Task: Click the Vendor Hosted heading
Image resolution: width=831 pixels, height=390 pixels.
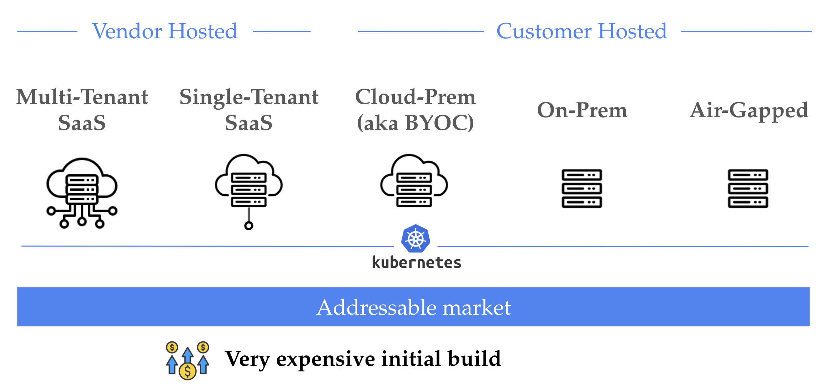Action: [165, 31]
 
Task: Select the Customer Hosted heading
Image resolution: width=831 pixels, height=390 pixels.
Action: [581, 31]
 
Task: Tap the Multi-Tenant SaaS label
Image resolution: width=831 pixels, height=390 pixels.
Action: [82, 110]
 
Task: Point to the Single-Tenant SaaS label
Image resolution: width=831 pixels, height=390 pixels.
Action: [249, 110]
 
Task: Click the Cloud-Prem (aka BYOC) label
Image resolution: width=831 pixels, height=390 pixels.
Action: [415, 110]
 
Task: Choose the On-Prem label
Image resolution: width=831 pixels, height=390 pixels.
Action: [582, 110]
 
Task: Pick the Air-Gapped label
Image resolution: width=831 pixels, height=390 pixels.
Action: [749, 110]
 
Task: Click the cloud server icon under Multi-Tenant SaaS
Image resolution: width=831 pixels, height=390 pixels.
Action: [82, 193]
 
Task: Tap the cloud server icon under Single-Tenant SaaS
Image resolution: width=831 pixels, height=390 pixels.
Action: [249, 182]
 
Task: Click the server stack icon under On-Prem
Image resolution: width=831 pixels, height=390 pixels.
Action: [582, 188]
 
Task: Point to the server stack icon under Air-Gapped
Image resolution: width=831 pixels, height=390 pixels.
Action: [748, 188]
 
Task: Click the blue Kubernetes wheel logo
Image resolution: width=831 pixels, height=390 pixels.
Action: [415, 239]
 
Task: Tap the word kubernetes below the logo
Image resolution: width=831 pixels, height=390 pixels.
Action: [416, 262]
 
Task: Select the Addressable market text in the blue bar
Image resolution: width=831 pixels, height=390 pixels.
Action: [413, 307]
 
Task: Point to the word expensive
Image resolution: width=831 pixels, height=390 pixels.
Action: [326, 359]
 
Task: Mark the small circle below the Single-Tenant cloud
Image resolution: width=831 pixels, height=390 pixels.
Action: [249, 226]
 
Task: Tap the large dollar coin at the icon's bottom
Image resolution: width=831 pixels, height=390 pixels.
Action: [187, 371]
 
